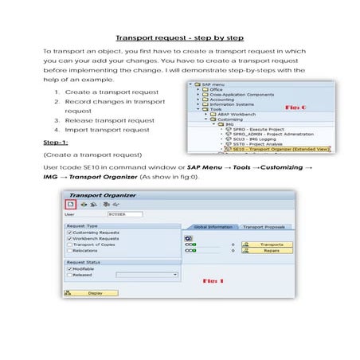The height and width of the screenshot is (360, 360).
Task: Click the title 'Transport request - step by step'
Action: coord(179,37)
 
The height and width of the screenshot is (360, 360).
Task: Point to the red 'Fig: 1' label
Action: coord(213,280)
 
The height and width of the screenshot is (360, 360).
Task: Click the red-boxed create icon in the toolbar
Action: coord(68,203)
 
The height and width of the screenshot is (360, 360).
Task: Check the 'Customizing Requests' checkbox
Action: coord(70,232)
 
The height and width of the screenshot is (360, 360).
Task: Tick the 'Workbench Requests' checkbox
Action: coord(70,238)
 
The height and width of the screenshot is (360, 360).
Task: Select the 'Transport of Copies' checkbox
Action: coord(70,245)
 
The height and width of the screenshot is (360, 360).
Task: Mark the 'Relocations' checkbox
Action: coord(70,251)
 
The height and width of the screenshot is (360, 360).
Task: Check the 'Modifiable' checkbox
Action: coord(70,268)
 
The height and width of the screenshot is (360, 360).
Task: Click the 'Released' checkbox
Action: coord(70,275)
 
